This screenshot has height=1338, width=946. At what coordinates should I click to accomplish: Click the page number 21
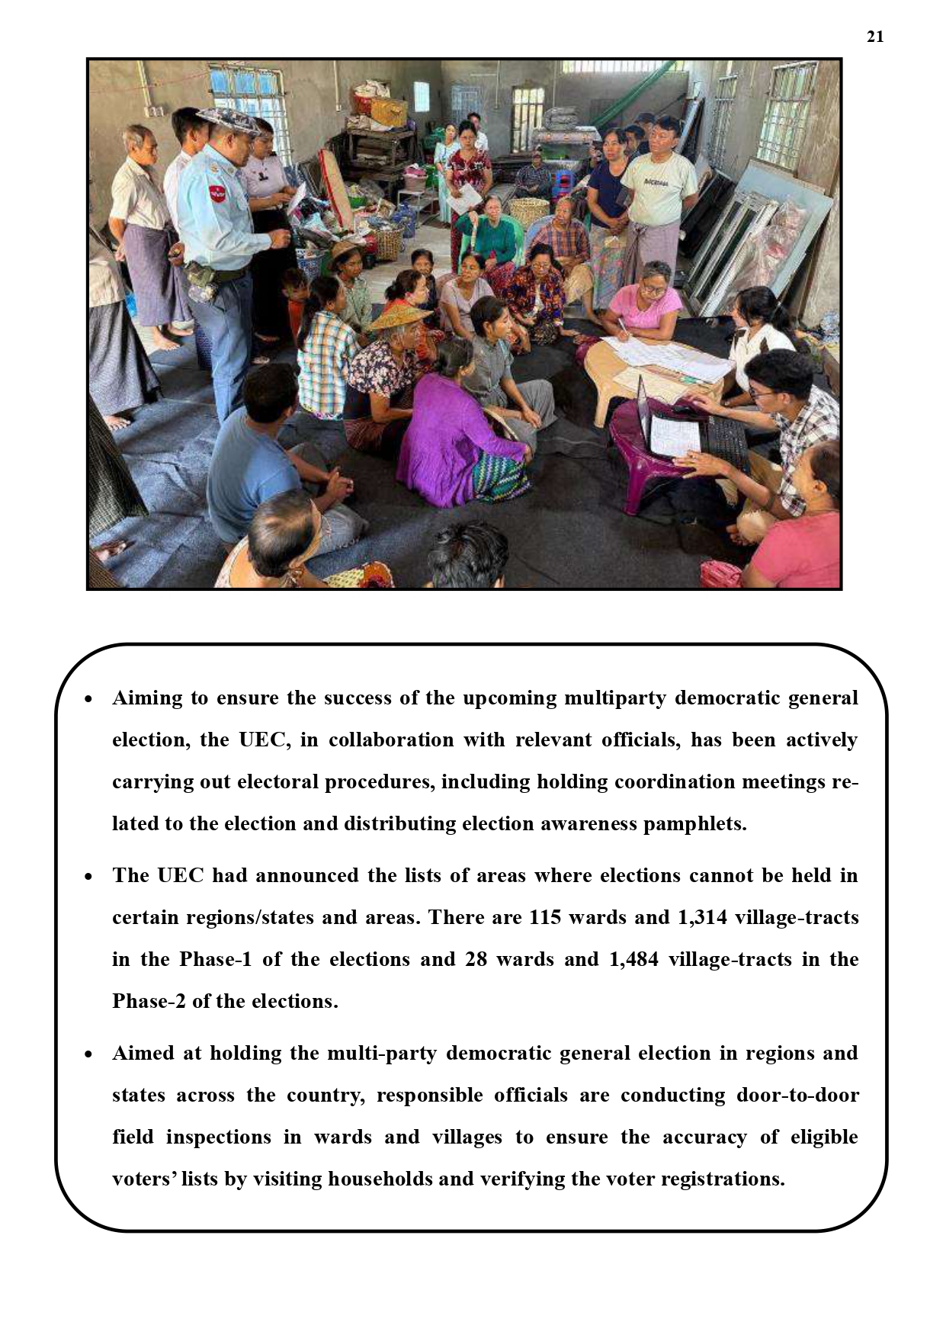875,37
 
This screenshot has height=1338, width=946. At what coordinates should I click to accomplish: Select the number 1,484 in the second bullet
633,959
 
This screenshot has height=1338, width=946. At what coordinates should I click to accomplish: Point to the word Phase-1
215,959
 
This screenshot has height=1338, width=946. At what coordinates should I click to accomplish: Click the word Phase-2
149,1001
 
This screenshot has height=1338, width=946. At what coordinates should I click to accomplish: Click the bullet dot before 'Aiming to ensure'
89,699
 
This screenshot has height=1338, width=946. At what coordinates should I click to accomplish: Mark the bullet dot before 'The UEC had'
89,877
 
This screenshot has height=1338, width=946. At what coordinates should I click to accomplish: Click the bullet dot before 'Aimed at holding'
89,1054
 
